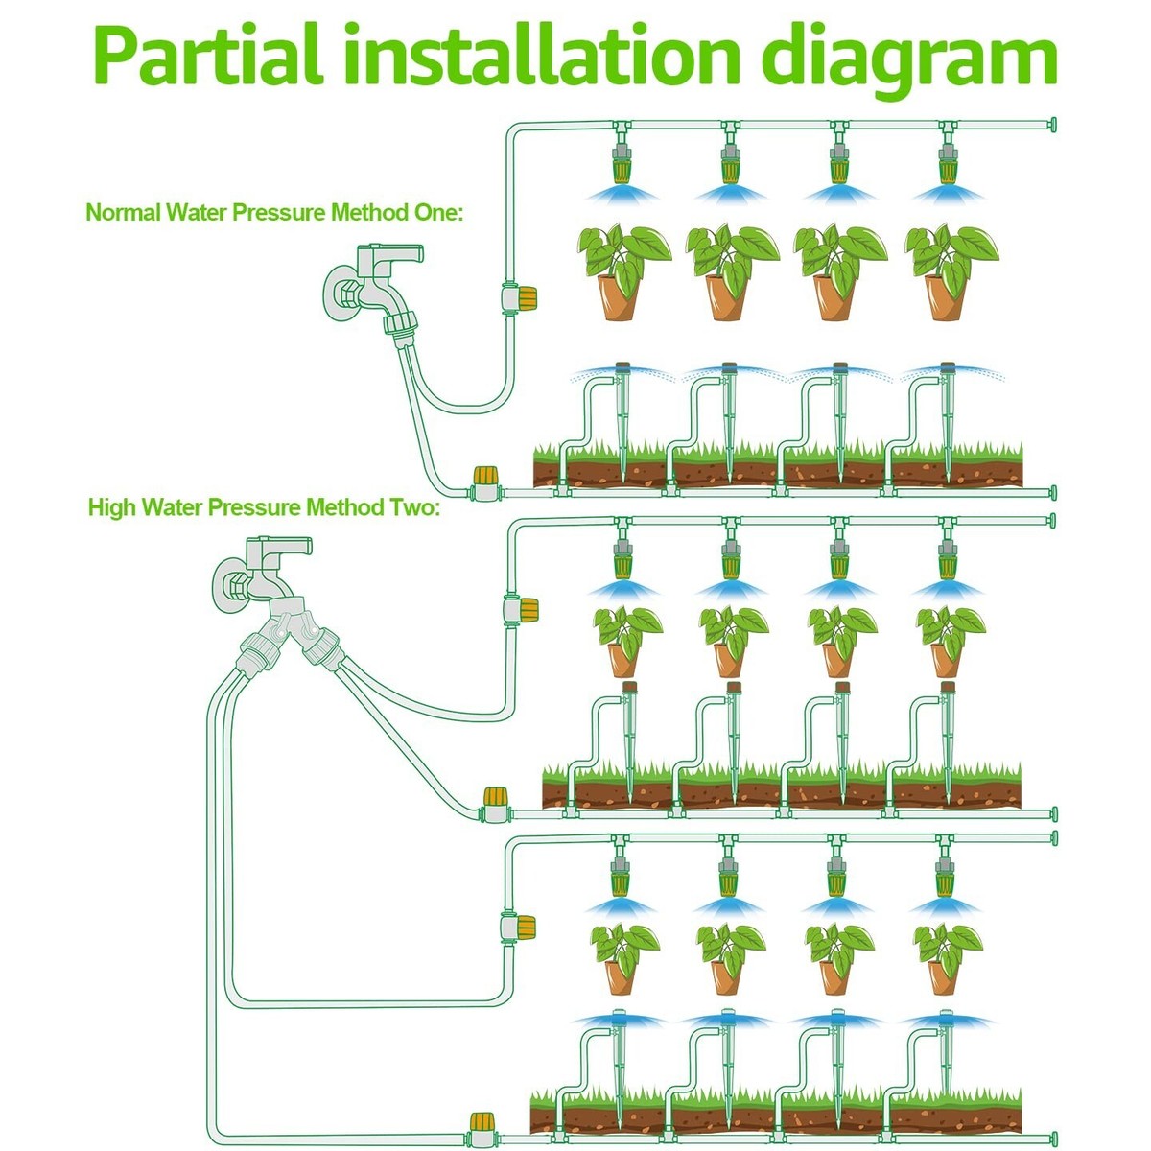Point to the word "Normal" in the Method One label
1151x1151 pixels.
pyautogui.click(x=123, y=212)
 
